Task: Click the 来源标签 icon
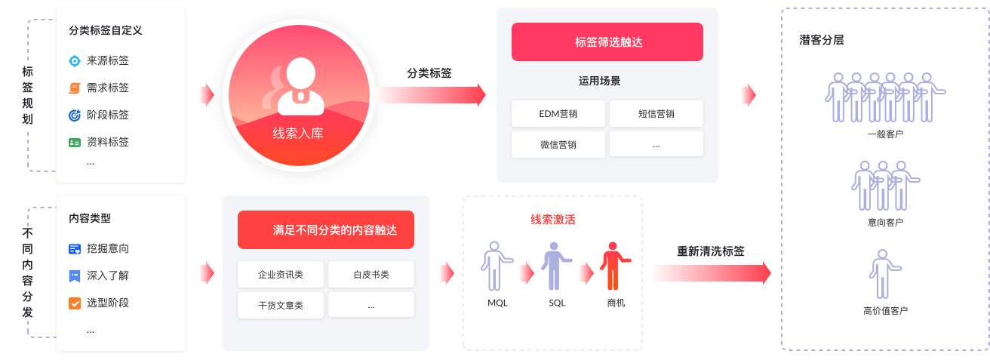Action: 75,61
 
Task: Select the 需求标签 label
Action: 108,88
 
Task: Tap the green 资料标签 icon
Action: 75,142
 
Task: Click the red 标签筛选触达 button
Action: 607,42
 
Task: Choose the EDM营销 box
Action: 558,114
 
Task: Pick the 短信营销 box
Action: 656,114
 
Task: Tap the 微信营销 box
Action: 558,145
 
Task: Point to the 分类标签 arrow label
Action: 429,73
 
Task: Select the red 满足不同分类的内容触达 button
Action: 325,230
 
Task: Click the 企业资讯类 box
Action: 281,275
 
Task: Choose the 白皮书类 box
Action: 370,275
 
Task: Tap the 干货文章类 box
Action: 281,305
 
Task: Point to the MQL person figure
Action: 495,266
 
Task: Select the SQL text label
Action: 557,303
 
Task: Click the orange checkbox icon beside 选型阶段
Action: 75,303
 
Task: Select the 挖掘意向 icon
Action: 75,248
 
